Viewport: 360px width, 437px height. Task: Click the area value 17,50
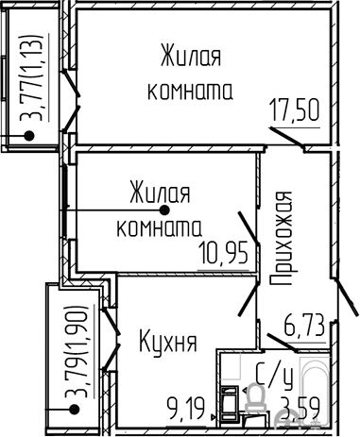[x=295, y=110]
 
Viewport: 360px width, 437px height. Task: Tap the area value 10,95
[x=223, y=253]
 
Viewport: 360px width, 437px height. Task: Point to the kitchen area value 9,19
[x=186, y=409]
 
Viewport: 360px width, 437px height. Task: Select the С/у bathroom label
[x=275, y=376]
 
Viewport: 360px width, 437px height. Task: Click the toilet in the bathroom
[x=255, y=397]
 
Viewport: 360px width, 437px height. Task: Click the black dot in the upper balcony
[x=29, y=136]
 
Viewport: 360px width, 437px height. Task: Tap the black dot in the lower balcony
[x=75, y=410]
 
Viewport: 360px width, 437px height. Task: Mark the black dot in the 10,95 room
[x=164, y=210]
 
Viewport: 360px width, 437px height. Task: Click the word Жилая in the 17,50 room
[x=191, y=56]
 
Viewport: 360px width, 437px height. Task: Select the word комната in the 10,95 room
[x=159, y=228]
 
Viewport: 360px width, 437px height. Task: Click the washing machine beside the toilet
[x=230, y=404]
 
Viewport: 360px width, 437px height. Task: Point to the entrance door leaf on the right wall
[x=347, y=296]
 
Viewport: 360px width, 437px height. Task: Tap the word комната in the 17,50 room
[x=190, y=92]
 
